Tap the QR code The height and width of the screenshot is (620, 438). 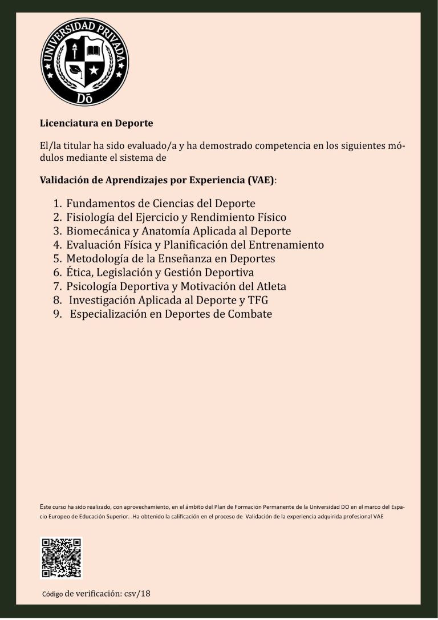61,558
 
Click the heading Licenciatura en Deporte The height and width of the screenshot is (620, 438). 96,123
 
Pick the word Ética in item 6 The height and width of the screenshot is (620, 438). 78,272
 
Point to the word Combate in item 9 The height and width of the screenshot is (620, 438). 250,314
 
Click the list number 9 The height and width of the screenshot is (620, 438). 56,314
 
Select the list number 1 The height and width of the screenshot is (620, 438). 56,204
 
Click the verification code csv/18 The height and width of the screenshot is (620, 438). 137,594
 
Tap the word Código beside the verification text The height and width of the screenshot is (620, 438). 52,594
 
